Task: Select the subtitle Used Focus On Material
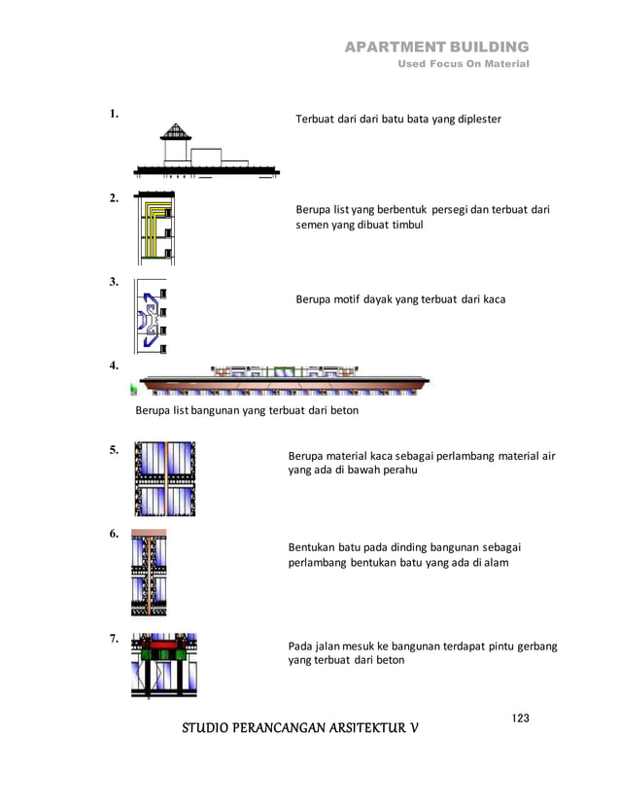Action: [465, 64]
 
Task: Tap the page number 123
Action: [520, 717]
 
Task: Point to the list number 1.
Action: [114, 114]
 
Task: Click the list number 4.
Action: [114, 367]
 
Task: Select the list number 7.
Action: [114, 639]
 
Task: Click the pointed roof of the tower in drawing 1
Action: [174, 130]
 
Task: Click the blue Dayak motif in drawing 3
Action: [149, 317]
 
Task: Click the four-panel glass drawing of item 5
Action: [164, 478]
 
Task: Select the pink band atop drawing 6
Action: [149, 534]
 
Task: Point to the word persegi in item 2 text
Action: [450, 209]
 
